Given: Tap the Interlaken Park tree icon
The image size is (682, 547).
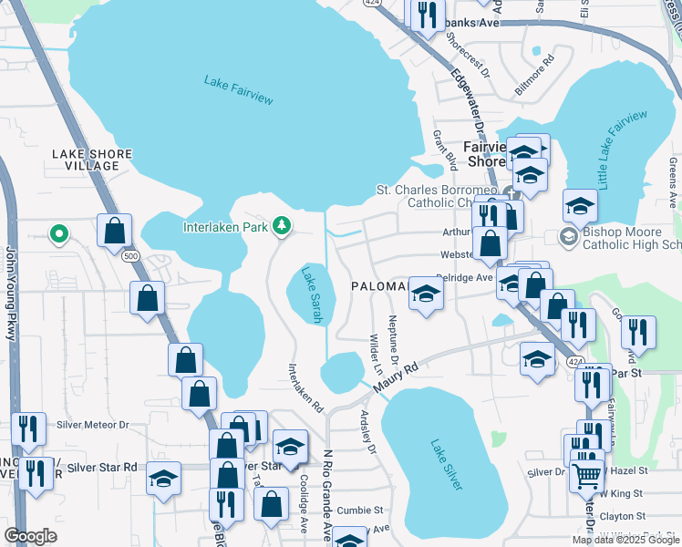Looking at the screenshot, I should [283, 225].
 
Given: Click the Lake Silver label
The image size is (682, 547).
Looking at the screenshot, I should [446, 464].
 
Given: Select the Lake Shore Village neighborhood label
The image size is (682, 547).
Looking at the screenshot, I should [92, 160].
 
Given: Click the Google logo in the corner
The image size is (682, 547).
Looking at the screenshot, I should [30, 536].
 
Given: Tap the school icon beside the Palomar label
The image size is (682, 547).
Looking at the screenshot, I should [426, 294].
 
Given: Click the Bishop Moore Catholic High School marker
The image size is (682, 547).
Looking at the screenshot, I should [566, 237].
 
